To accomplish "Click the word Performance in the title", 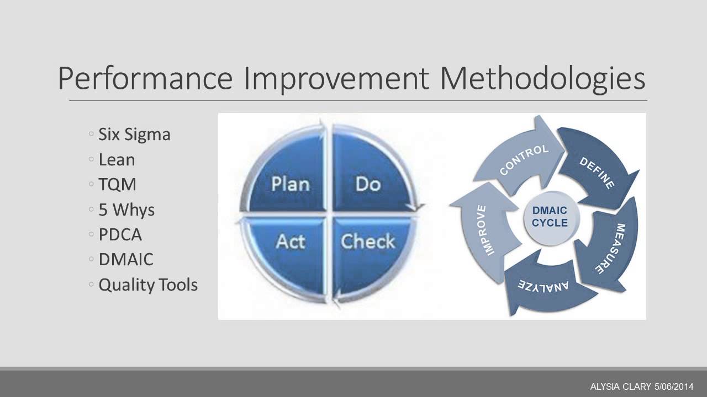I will pos(145,79).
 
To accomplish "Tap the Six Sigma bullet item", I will pos(134,135).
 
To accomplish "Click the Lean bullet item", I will pos(117,160).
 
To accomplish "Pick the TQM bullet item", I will pos(117,185).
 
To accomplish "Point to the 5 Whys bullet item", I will pos(126,210).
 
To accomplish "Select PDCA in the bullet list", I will pos(120,235).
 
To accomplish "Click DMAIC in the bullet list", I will pos(126,260).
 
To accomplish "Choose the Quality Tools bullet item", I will pos(147,285).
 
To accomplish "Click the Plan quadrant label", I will pos(290,184).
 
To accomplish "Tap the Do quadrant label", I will pos(368,184).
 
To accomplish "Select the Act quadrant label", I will pos(290,242).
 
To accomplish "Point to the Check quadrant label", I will pos(368,242).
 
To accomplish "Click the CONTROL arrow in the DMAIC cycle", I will pos(524,159).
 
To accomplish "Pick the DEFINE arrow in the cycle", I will pos(597,172).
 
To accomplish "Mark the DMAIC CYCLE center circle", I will pos(550,217).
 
